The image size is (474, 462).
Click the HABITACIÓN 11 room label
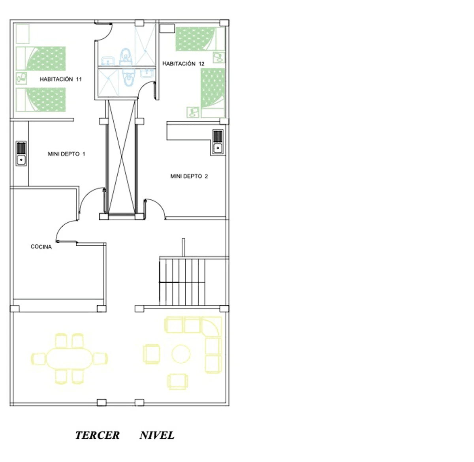point(61,79)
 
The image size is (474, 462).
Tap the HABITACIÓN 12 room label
point(183,64)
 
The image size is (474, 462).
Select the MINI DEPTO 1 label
point(66,154)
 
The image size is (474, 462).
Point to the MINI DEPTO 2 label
point(189,176)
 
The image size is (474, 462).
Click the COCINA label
point(41,247)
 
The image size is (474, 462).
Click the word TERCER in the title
point(98,436)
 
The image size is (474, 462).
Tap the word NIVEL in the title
point(157,436)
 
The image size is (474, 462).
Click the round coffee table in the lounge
point(181,354)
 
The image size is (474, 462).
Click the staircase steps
point(182,282)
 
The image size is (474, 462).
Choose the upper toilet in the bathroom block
point(125,56)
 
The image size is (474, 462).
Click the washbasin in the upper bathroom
point(108,61)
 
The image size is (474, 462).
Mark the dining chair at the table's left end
point(39,359)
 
